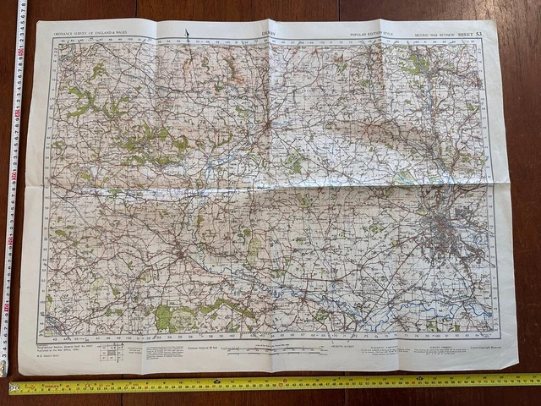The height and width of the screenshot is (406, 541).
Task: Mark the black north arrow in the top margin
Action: point(187,35)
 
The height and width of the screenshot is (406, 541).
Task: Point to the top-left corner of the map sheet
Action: point(37,23)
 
